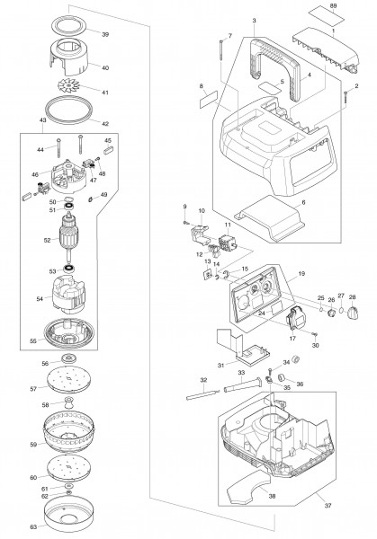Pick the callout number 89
pos(336,6)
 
